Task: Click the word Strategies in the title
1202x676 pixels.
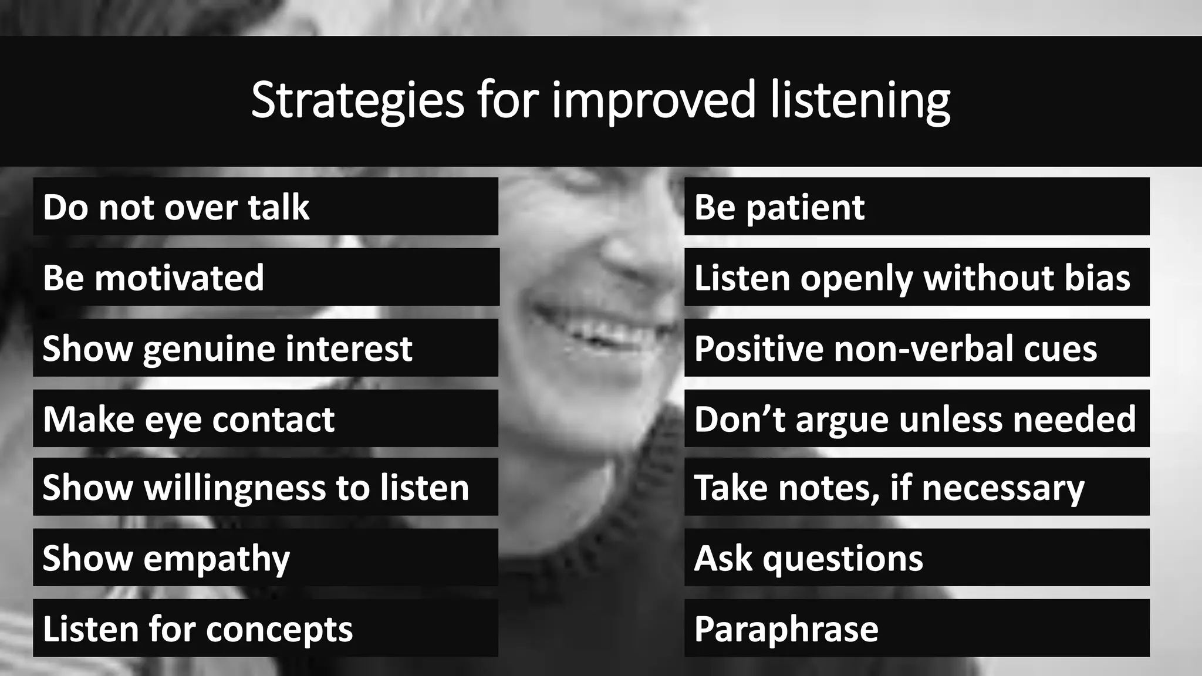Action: point(357,100)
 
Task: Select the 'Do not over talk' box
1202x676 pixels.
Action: point(265,207)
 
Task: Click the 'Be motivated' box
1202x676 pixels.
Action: point(265,277)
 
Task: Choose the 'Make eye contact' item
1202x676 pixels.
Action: point(265,419)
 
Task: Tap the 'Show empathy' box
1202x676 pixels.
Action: point(265,557)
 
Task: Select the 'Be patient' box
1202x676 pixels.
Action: point(917,207)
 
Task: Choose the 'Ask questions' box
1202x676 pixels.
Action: point(917,557)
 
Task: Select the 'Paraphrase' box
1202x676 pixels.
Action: point(917,628)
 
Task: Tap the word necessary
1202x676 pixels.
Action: point(1003,489)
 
